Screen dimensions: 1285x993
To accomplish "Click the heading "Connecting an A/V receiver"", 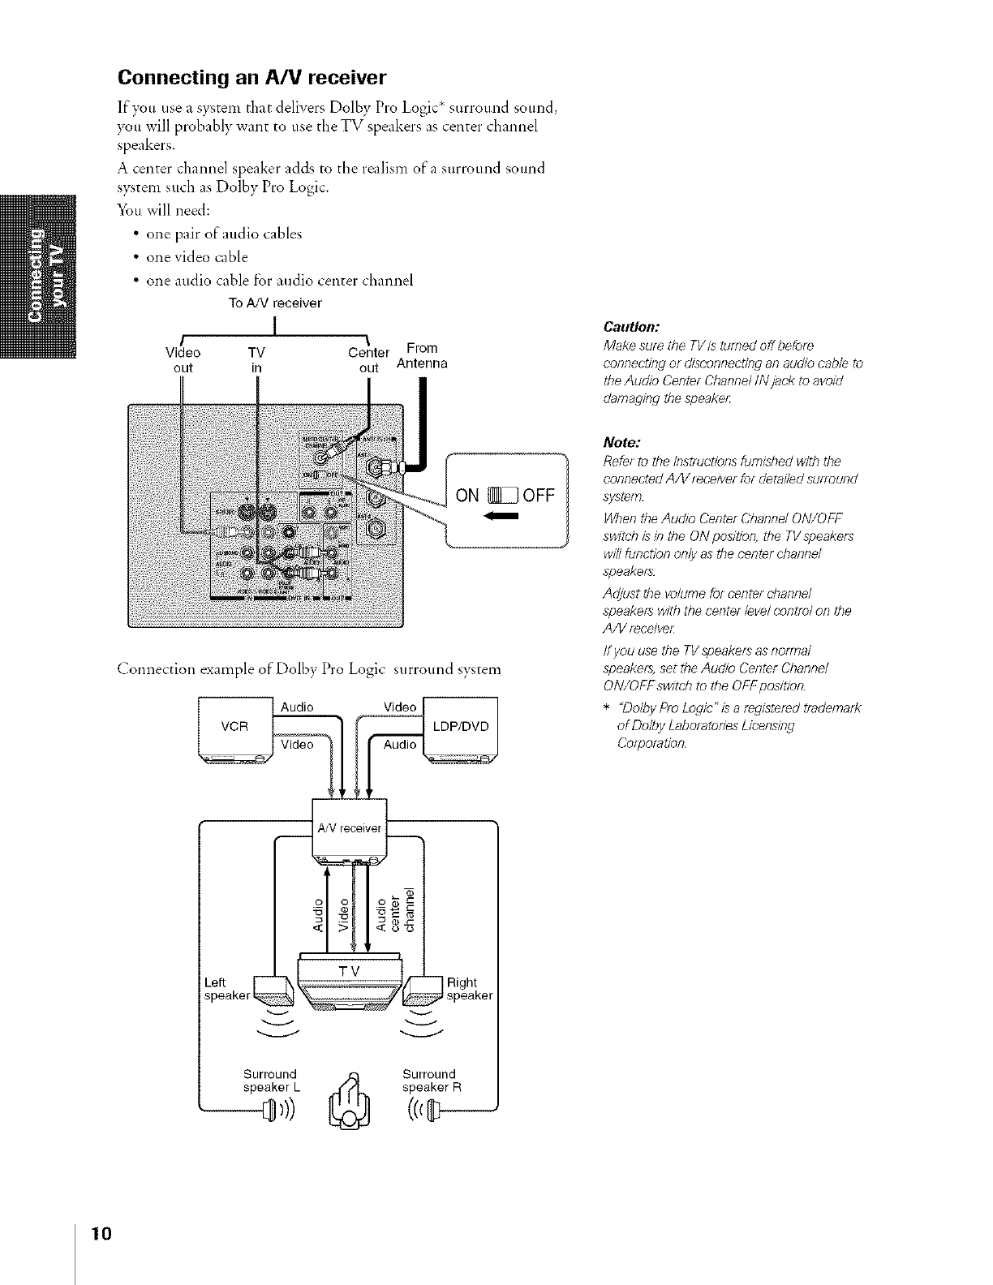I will click(x=252, y=78).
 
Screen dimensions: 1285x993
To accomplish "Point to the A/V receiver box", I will click(x=350, y=829).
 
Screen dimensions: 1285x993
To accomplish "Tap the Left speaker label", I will click(x=223, y=989).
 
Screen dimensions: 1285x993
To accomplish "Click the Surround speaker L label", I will click(x=270, y=1081).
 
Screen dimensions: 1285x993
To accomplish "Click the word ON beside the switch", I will click(x=469, y=494).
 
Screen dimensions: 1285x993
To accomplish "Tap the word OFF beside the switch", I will click(x=538, y=494).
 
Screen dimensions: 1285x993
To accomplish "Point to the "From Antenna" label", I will click(x=422, y=355).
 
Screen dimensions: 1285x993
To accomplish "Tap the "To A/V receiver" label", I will click(x=275, y=303).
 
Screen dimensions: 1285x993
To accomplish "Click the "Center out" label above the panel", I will click(x=369, y=360).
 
